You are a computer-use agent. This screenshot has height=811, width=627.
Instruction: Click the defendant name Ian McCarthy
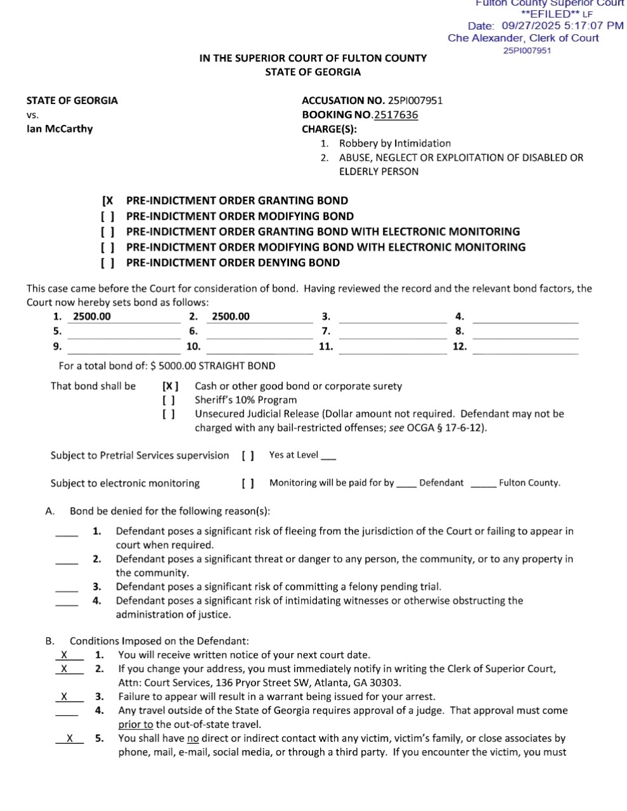pyautogui.click(x=60, y=129)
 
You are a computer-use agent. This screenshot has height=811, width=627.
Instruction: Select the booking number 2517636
pyautogui.click(x=396, y=115)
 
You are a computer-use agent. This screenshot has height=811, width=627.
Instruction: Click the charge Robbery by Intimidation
pyautogui.click(x=394, y=143)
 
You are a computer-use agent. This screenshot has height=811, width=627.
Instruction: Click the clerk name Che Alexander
pyautogui.click(x=486, y=38)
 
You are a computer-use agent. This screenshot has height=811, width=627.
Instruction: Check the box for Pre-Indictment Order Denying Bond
pyautogui.click(x=107, y=263)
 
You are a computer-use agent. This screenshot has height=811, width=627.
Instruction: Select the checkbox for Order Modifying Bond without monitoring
pyautogui.click(x=107, y=216)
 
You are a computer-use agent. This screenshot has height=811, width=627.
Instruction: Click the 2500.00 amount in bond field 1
pyautogui.click(x=92, y=317)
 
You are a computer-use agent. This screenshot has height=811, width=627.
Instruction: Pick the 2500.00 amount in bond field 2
pyautogui.click(x=231, y=317)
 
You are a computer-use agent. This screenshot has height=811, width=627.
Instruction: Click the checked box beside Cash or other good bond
pyautogui.click(x=170, y=386)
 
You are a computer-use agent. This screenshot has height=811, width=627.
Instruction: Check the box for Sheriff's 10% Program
pyautogui.click(x=169, y=400)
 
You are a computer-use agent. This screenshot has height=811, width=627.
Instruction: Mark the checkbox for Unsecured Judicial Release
pyautogui.click(x=169, y=414)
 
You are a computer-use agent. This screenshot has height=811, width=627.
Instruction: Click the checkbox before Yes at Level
pyautogui.click(x=248, y=455)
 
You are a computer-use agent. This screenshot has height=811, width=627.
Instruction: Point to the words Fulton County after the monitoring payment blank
pyautogui.click(x=529, y=483)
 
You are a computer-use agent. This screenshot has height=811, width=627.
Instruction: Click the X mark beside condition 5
pyautogui.click(x=70, y=738)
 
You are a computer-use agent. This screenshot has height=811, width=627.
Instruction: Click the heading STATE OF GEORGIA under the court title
pyautogui.click(x=313, y=72)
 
